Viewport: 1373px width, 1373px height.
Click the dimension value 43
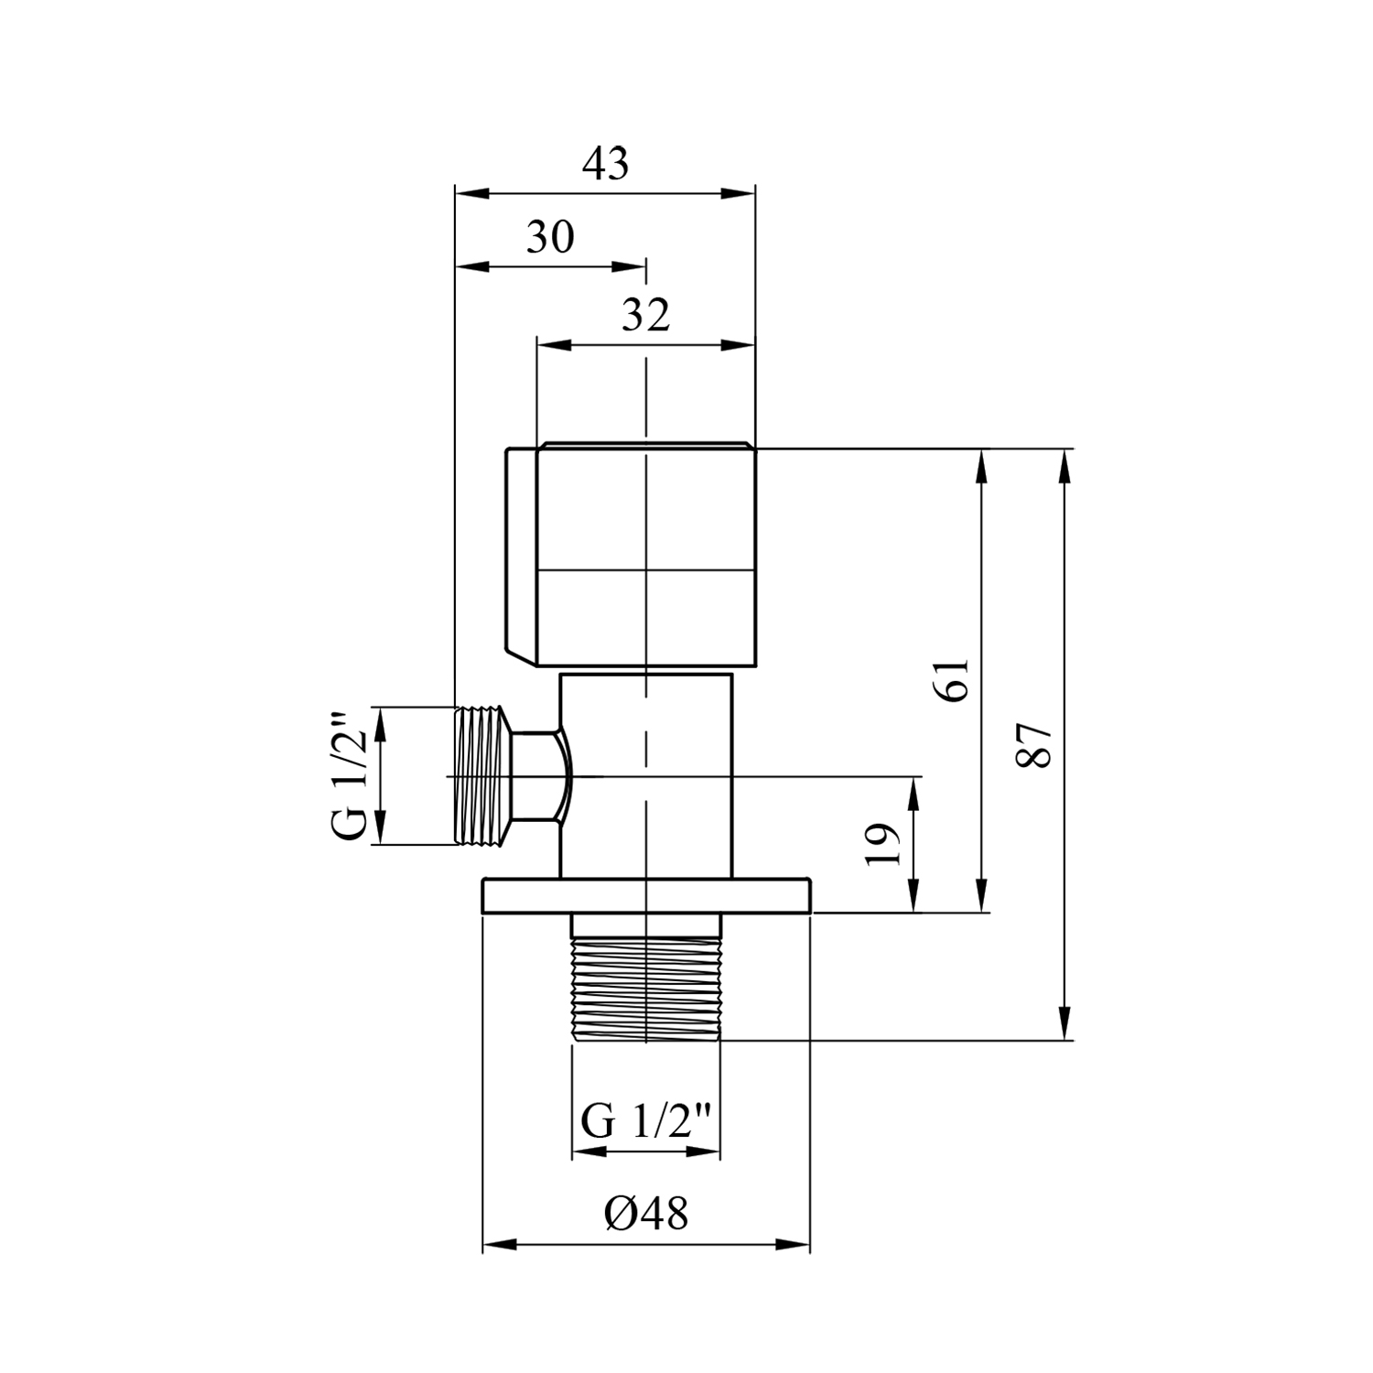[607, 164]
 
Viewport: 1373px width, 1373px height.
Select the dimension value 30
[550, 238]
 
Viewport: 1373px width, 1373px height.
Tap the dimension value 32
[646, 316]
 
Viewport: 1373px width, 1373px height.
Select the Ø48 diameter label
[645, 1215]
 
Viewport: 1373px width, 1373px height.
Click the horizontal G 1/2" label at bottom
[646, 1121]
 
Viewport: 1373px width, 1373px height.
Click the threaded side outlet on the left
[481, 776]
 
